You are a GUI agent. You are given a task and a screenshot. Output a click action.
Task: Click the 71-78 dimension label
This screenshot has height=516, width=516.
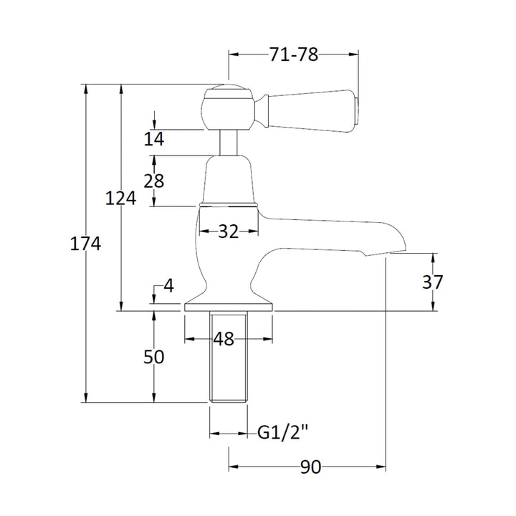294,54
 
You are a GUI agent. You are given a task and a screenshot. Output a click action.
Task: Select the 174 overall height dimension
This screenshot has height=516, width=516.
85,244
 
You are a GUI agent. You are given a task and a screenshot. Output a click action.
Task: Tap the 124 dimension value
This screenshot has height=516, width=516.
120,199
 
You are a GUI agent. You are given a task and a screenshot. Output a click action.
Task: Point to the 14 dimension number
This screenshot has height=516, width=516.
153,139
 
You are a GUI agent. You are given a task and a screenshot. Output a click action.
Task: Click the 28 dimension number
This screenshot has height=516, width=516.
153,181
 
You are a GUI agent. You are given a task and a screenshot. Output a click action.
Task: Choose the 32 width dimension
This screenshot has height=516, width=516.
229,231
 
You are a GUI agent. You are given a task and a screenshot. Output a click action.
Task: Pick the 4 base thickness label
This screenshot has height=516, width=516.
168,286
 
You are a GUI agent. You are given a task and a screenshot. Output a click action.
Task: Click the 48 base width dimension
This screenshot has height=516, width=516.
224,339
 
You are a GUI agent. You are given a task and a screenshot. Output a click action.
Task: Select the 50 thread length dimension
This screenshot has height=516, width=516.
153,357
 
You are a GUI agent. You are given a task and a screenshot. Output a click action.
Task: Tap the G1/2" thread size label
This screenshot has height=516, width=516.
283,433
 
